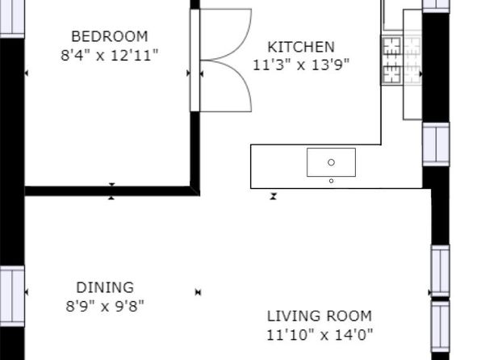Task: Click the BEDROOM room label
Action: click(x=110, y=36)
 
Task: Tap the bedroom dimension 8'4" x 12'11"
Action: click(x=110, y=56)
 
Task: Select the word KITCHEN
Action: click(x=301, y=47)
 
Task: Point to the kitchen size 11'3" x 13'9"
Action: click(x=301, y=65)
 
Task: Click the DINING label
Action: click(x=105, y=287)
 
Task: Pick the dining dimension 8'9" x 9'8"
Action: click(x=105, y=306)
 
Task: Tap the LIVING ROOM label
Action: click(x=320, y=316)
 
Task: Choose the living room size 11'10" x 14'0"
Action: click(x=320, y=334)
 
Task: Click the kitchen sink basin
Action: click(x=332, y=162)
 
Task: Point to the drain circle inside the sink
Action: click(x=331, y=162)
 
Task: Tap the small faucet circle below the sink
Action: click(x=331, y=181)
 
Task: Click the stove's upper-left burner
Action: click(x=391, y=47)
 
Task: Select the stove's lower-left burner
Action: click(x=391, y=74)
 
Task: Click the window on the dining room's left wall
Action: click(x=12, y=296)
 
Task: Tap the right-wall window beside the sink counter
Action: click(x=436, y=144)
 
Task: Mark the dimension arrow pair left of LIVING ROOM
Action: click(x=199, y=292)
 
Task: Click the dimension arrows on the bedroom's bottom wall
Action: click(x=111, y=191)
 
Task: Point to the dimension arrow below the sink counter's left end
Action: click(x=274, y=196)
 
